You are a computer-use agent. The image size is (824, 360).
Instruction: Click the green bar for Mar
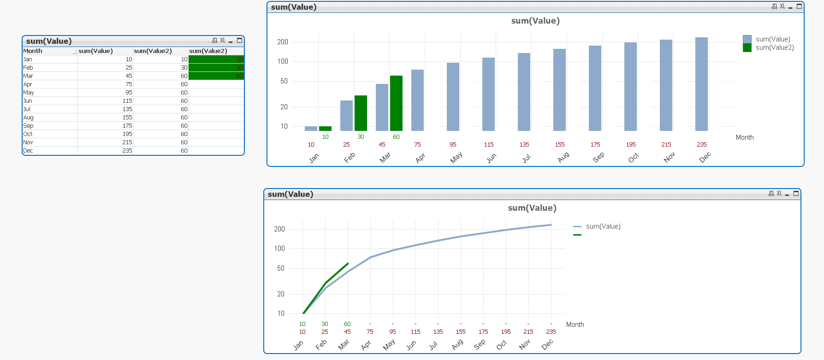click(396, 103)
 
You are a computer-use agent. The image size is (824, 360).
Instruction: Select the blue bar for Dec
click(701, 84)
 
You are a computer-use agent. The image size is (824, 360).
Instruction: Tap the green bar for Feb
click(361, 113)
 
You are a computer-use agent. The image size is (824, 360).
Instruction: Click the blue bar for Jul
click(524, 92)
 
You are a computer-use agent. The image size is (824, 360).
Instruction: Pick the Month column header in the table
click(33, 51)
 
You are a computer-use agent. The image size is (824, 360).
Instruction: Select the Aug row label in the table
click(29, 118)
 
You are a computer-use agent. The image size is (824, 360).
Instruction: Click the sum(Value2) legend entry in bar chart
click(774, 47)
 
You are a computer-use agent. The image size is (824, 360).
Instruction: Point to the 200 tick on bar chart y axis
click(283, 42)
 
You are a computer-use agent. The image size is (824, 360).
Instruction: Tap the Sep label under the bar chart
click(598, 158)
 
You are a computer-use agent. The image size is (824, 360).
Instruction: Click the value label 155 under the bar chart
click(560, 145)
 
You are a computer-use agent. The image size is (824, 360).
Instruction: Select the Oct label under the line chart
click(502, 344)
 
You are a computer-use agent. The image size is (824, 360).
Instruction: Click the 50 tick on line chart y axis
click(281, 268)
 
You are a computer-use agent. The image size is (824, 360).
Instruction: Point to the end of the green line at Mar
click(348, 263)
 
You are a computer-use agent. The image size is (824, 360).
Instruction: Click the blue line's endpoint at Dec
click(551, 225)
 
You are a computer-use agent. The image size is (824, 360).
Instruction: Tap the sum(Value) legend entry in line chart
click(603, 226)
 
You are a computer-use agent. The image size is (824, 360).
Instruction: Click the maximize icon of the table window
click(239, 41)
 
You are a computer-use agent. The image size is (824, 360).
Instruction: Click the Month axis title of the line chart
click(575, 325)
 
